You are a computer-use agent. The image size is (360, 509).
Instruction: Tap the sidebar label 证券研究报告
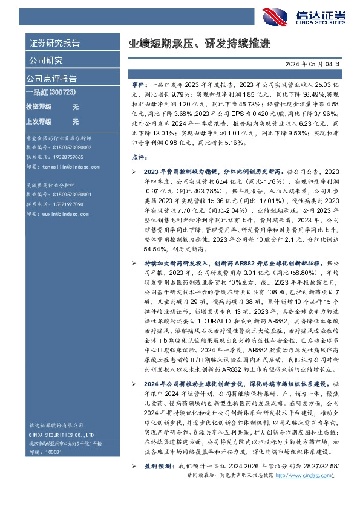coord(54,43)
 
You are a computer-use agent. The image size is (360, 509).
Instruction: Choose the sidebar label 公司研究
coord(46,60)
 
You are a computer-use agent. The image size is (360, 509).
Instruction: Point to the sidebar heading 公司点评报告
coord(51,79)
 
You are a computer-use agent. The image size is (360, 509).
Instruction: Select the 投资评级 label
coord(39,106)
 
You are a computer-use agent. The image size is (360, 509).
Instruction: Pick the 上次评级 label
coord(39,121)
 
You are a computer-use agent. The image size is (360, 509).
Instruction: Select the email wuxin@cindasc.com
coord(52,213)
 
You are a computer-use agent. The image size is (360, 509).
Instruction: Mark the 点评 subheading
coord(139,157)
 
